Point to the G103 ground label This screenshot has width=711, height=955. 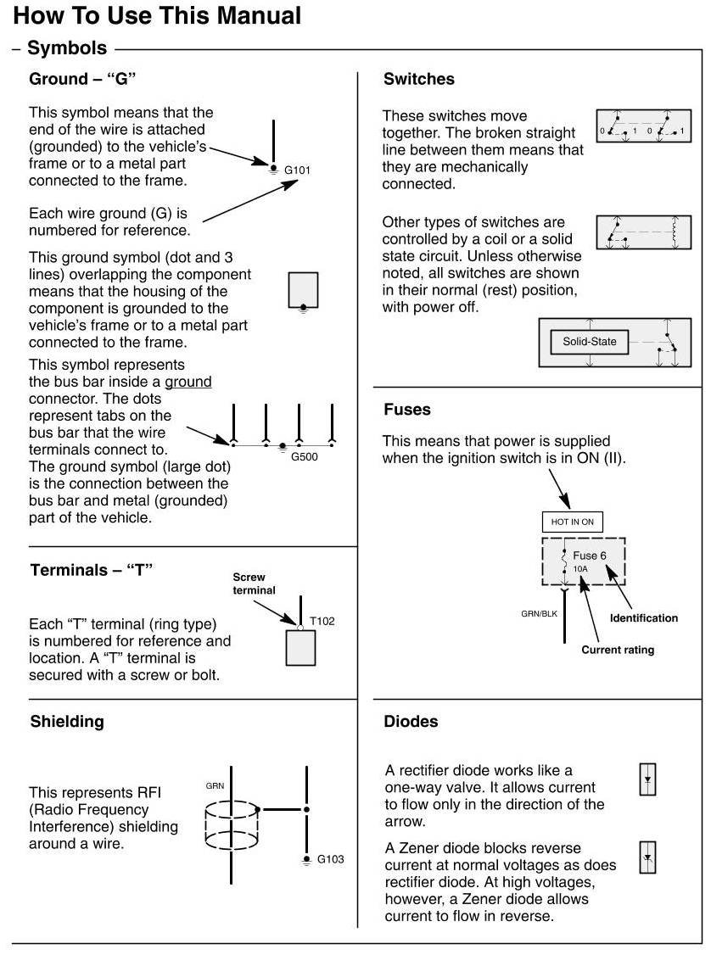point(331,859)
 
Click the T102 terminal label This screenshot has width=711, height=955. point(322,621)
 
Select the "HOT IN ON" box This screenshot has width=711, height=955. point(572,522)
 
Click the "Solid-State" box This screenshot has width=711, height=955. point(590,343)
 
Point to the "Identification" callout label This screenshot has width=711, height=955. point(644,618)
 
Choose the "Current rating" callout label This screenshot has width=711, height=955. point(618,651)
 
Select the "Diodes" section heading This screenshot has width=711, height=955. point(411,722)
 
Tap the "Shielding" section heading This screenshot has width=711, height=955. point(67,722)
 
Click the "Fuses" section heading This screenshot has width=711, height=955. point(407,410)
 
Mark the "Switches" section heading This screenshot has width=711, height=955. point(418,80)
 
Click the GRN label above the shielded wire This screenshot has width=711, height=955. point(215,786)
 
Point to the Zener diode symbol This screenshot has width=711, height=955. point(648,860)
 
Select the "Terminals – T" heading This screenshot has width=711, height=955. point(91,570)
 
